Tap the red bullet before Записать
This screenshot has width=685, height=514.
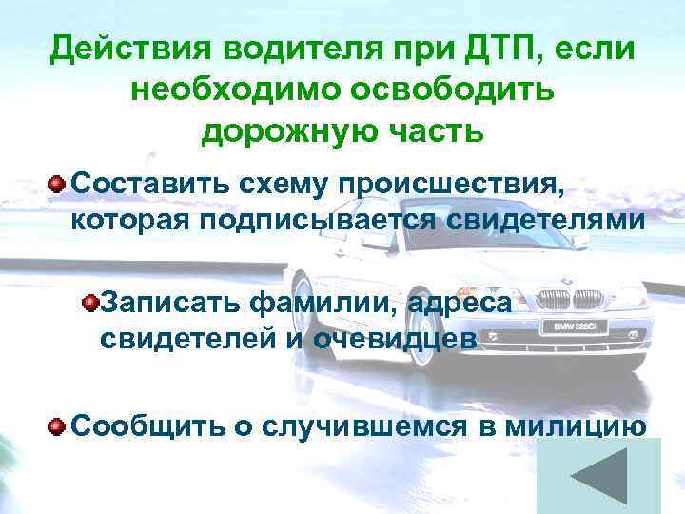click(90, 304)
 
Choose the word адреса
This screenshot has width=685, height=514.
click(460, 304)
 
